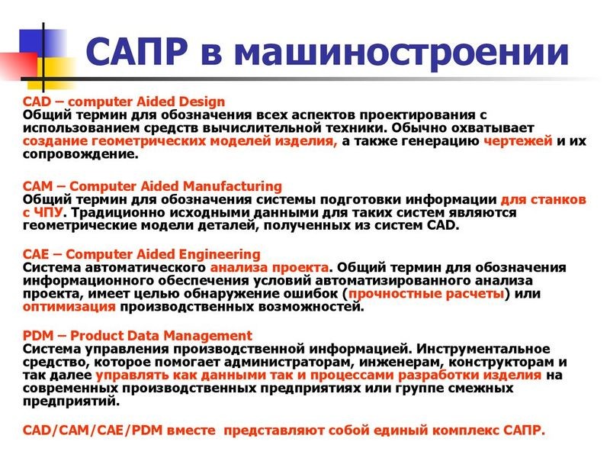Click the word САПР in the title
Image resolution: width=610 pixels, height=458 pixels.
click(137, 51)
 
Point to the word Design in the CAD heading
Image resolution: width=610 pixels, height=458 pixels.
click(202, 102)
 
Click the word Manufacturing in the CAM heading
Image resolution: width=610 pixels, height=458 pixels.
click(233, 186)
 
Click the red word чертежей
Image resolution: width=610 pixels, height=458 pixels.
click(518, 141)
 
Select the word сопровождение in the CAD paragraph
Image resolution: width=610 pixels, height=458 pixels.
click(81, 155)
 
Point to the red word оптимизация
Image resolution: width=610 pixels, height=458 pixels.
click(69, 308)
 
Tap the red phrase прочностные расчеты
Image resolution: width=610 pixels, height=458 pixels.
click(426, 294)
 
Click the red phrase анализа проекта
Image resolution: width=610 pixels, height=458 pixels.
click(269, 268)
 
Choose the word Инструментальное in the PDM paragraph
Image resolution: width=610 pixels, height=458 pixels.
click(483, 349)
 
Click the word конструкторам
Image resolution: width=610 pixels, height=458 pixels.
click(502, 362)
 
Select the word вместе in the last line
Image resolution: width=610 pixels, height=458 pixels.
click(191, 431)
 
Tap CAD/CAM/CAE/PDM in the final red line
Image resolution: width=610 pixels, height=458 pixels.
click(92, 431)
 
